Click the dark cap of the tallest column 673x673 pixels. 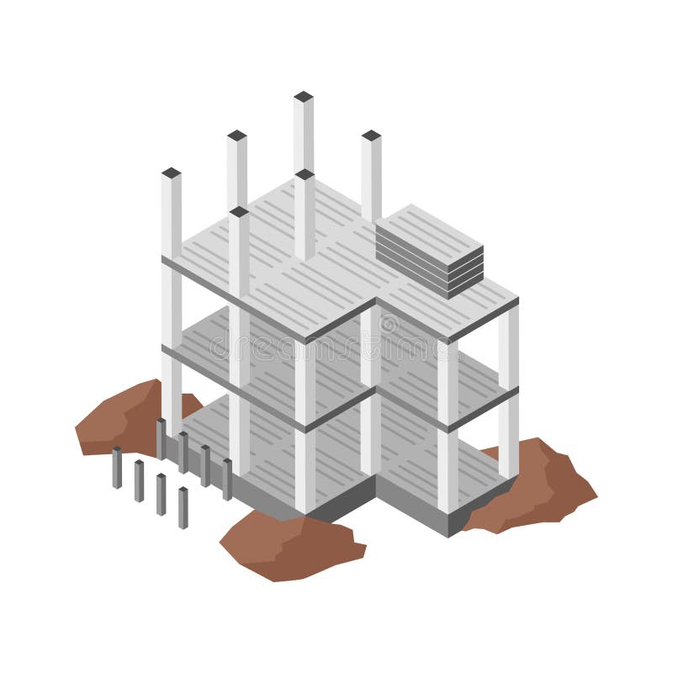coord(304,97)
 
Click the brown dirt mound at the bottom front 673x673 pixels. coord(290,547)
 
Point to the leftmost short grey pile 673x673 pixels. coord(117,468)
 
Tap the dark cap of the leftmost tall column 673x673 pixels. coord(171,173)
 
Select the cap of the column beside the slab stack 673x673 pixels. coord(371,135)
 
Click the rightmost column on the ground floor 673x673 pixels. coord(508,437)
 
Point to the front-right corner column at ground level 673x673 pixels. coord(448,471)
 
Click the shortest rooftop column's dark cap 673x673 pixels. coord(238,211)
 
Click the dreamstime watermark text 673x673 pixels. coord(336,345)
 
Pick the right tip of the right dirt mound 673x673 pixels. coord(596,496)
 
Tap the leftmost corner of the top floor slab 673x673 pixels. coord(163,261)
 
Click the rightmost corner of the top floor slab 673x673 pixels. coord(517,299)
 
